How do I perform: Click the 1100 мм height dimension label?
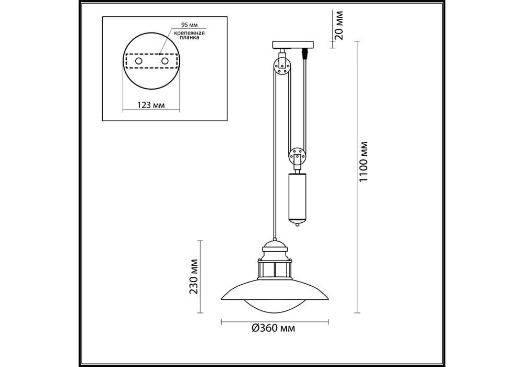coord(363,162)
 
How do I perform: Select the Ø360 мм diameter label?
coord(274,328)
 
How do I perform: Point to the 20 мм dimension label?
coord(339,25)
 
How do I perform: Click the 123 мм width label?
coord(151,105)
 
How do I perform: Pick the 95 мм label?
coord(190,25)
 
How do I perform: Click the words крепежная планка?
coord(189,35)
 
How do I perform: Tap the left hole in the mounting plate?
coord(138,61)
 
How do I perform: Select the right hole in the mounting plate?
coord(165,61)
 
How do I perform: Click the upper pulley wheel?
coord(282,66)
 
